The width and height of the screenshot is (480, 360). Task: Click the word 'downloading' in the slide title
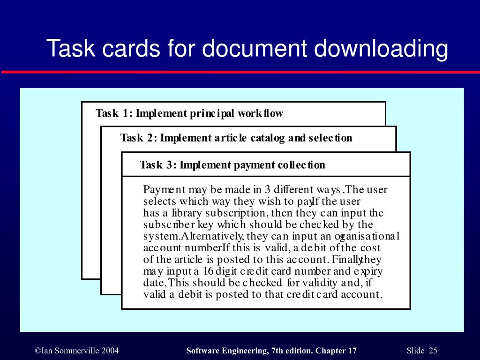point(381,49)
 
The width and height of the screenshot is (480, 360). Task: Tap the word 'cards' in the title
point(131,48)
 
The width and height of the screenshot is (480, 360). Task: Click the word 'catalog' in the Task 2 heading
point(268,138)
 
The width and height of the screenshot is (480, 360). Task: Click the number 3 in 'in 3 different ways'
point(268,189)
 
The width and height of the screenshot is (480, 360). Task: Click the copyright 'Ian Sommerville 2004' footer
point(77,351)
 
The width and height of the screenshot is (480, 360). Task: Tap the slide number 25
point(433,351)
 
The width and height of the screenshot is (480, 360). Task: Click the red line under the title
point(240,72)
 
